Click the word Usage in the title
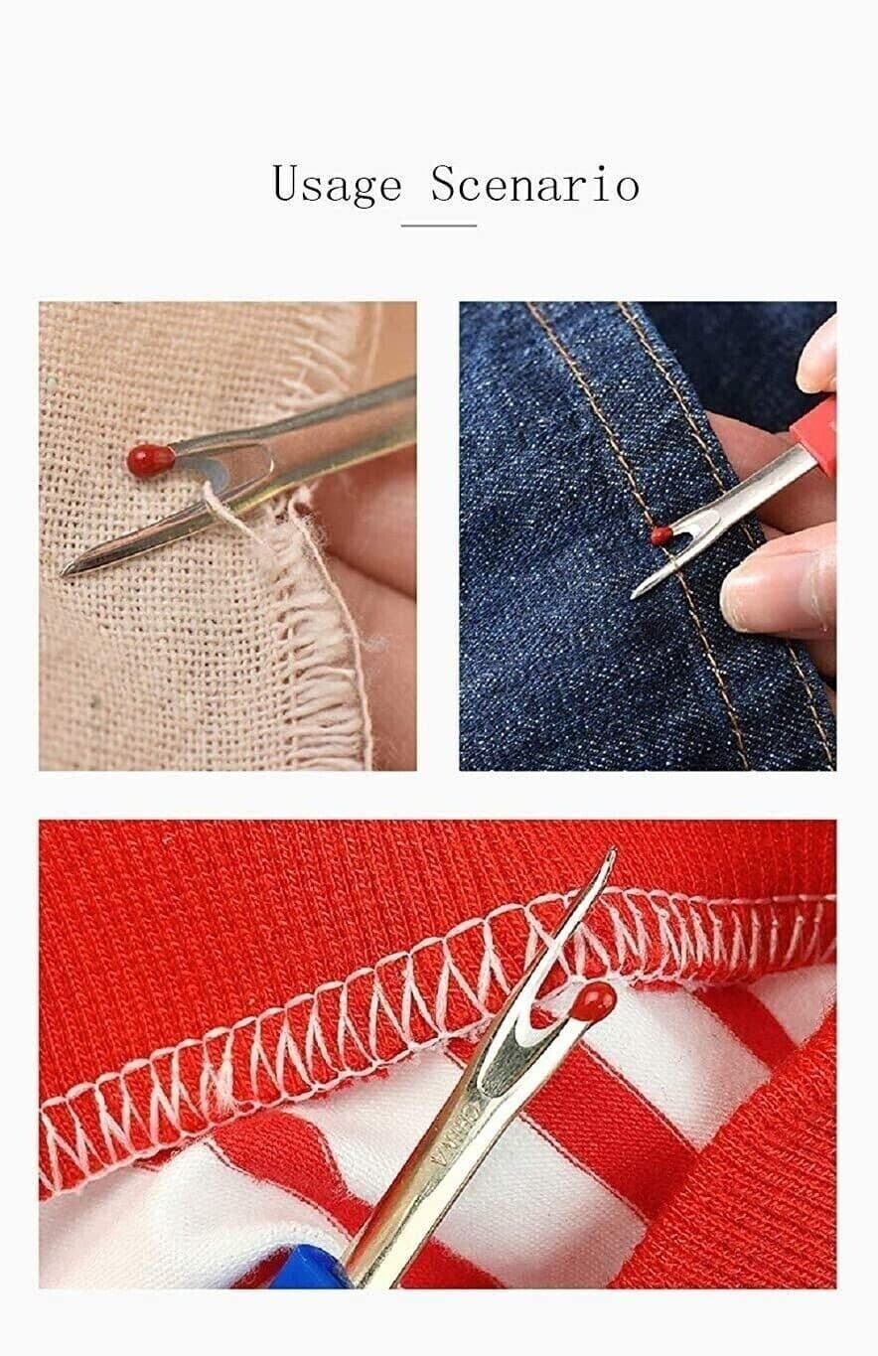point(336,185)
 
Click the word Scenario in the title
point(534,185)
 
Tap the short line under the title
point(438,226)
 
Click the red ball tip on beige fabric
point(150,459)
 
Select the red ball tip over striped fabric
point(594,1004)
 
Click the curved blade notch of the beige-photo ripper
point(233,467)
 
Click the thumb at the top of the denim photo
point(818,358)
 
